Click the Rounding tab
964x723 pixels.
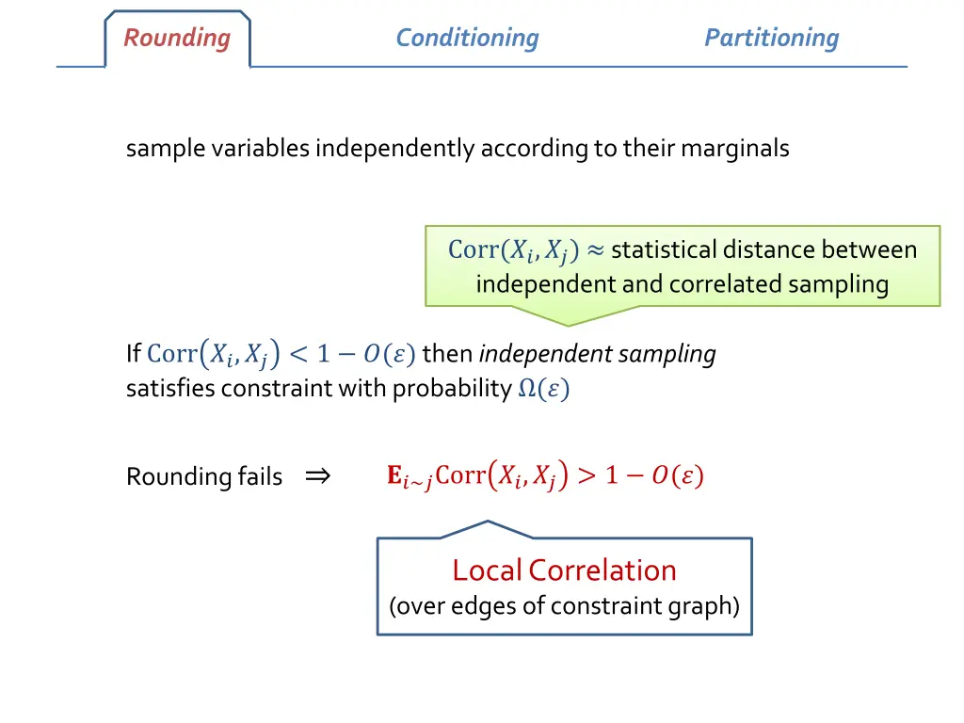177,39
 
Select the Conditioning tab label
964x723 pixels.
467,39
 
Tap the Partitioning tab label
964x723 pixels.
771,39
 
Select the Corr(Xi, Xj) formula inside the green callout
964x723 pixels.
513,250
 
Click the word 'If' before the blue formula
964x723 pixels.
133,355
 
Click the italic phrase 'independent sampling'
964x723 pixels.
597,355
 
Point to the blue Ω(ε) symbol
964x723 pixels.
543,390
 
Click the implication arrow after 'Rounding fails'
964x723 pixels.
317,476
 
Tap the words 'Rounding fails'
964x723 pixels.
204,477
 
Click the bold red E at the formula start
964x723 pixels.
394,475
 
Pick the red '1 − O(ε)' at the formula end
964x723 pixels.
654,475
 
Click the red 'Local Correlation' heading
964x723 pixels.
564,570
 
